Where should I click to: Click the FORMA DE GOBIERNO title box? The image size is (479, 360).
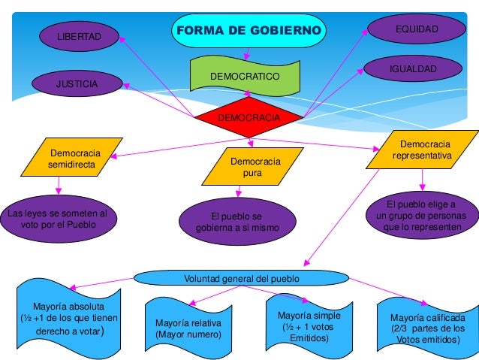pyautogui.click(x=249, y=31)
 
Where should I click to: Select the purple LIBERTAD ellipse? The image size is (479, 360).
pyautogui.click(x=79, y=35)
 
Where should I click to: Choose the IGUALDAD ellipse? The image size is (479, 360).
pyautogui.click(x=413, y=69)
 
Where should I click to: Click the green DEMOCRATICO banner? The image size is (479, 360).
pyautogui.click(x=245, y=76)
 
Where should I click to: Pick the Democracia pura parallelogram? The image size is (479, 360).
pyautogui.click(x=253, y=167)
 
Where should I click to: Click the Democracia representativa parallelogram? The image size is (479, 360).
pyautogui.click(x=422, y=149)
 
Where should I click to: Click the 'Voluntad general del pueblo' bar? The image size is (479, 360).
pyautogui.click(x=241, y=279)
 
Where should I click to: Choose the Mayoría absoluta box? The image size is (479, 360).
pyautogui.click(x=68, y=319)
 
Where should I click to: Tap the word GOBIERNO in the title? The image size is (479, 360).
pyautogui.click(x=285, y=31)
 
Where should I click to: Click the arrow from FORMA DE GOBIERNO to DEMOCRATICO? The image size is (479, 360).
pyautogui.click(x=247, y=53)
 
